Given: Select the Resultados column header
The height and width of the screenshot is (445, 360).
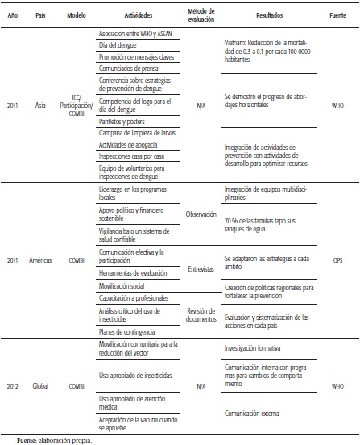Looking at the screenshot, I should point(263,15).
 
